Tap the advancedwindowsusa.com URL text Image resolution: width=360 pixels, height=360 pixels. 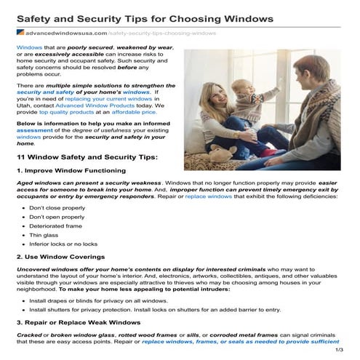pos(66,33)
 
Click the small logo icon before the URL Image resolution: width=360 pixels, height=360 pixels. pos(19,33)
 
